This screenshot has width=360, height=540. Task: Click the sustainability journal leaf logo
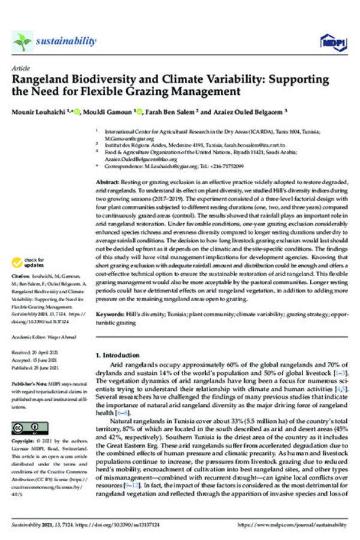[23, 41]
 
